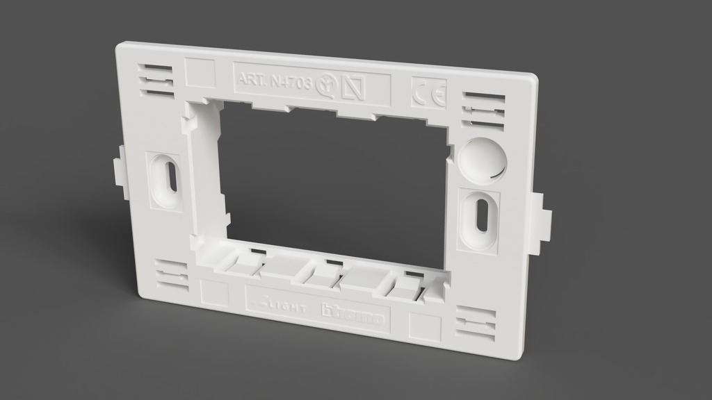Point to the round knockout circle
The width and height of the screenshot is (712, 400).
(481, 160)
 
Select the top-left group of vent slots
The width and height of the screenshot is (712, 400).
(156, 80)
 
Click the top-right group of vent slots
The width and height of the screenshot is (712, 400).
(483, 111)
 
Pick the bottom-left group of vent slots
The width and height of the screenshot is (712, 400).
(171, 275)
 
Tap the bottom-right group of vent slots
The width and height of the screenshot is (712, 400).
(476, 324)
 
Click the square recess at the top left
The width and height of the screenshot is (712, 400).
(200, 72)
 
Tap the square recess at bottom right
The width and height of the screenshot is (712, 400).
(424, 327)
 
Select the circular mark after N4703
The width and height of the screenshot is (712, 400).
(325, 85)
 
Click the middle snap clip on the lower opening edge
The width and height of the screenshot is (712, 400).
(323, 272)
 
